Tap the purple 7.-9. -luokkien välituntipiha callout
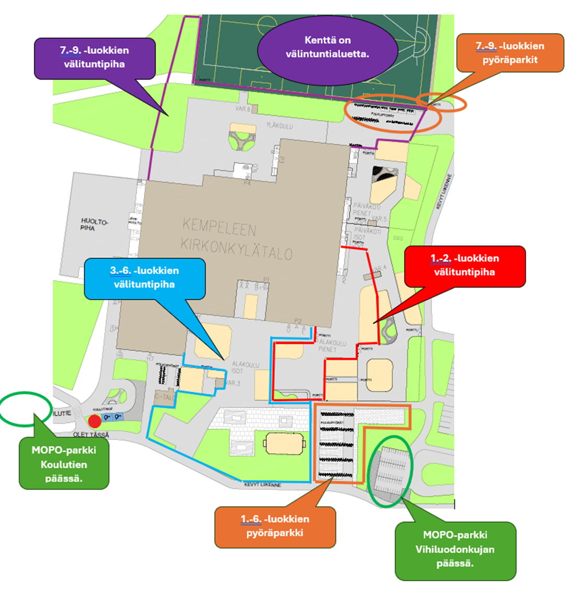tap(95, 58)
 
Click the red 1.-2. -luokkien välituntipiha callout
tap(465, 265)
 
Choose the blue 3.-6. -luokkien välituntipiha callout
tap(144, 278)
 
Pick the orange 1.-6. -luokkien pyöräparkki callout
tap(275, 526)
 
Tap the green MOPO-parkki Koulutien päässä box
tap(64, 464)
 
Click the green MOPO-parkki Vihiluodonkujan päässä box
tap(455, 549)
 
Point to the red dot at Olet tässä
tap(94, 421)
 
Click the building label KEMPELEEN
tap(219, 228)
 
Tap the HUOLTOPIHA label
tap(94, 225)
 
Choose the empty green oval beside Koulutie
tap(25, 408)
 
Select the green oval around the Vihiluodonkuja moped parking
tap(390, 471)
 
